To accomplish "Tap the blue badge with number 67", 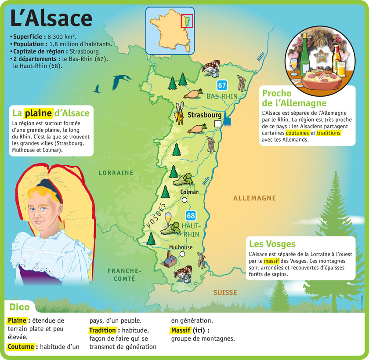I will click(x=222, y=85).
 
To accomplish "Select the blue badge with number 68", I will click(x=191, y=215).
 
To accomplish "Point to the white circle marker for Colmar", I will click(x=184, y=200).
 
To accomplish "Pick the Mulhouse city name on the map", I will click(x=181, y=247).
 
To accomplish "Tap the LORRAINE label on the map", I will click(x=116, y=173).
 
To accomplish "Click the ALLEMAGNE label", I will click(x=254, y=198).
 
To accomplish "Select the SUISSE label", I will click(x=225, y=292).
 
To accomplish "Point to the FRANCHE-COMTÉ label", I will click(x=124, y=274).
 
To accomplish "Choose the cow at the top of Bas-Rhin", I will click(x=210, y=66).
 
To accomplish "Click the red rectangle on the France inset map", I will click(x=187, y=21).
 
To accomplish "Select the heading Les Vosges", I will click(x=272, y=244).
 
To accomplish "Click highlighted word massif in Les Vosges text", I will click(x=271, y=260).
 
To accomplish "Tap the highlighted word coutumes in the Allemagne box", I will click(x=297, y=133).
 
